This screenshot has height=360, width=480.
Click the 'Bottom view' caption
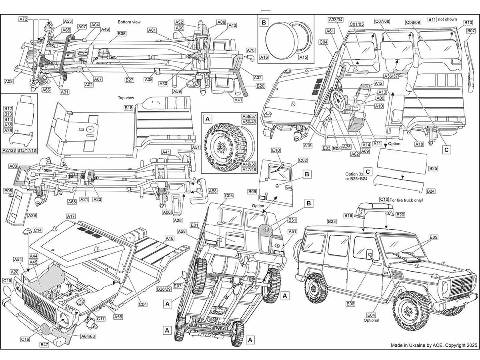(x=130, y=22)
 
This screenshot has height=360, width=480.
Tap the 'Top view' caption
(x=126, y=98)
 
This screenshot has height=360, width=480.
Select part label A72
(x=23, y=19)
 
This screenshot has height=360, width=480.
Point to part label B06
(x=122, y=34)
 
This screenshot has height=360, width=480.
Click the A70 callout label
(x=250, y=50)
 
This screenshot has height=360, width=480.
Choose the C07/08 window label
(x=382, y=22)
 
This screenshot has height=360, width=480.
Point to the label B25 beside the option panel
(x=433, y=169)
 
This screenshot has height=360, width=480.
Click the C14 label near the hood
(x=38, y=230)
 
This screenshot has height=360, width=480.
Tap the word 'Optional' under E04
(x=371, y=320)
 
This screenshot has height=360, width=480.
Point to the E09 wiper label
(x=434, y=237)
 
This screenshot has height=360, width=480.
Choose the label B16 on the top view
(x=128, y=108)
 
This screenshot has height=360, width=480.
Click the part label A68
(x=72, y=202)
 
